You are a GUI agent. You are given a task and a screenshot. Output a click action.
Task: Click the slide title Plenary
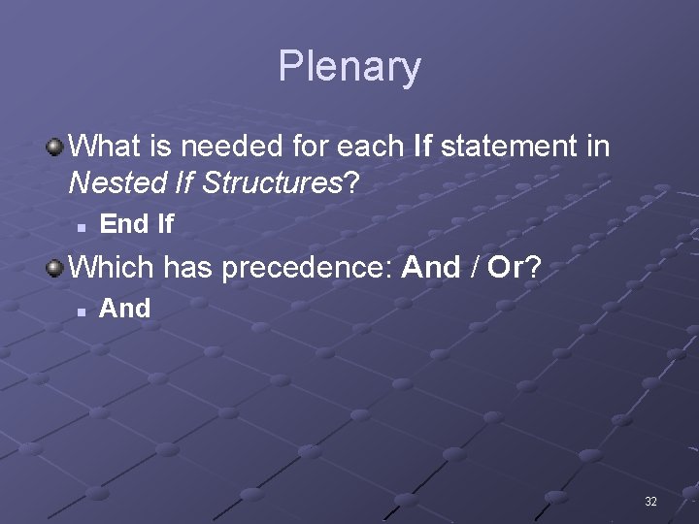click(x=349, y=67)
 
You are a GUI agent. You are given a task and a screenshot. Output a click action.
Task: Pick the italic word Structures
click(x=274, y=181)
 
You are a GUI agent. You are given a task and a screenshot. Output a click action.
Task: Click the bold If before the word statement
click(x=422, y=147)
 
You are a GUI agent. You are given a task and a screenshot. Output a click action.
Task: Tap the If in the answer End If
click(x=164, y=224)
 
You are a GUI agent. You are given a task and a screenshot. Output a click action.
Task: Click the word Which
click(x=113, y=267)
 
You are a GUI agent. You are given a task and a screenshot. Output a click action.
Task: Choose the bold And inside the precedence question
click(x=430, y=267)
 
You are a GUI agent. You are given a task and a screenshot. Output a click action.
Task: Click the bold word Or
click(x=505, y=267)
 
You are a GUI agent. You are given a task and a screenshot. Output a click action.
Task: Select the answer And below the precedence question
click(x=125, y=309)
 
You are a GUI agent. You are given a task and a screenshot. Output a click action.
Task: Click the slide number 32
click(x=650, y=502)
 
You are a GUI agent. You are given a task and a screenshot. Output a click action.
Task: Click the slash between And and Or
click(x=474, y=267)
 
